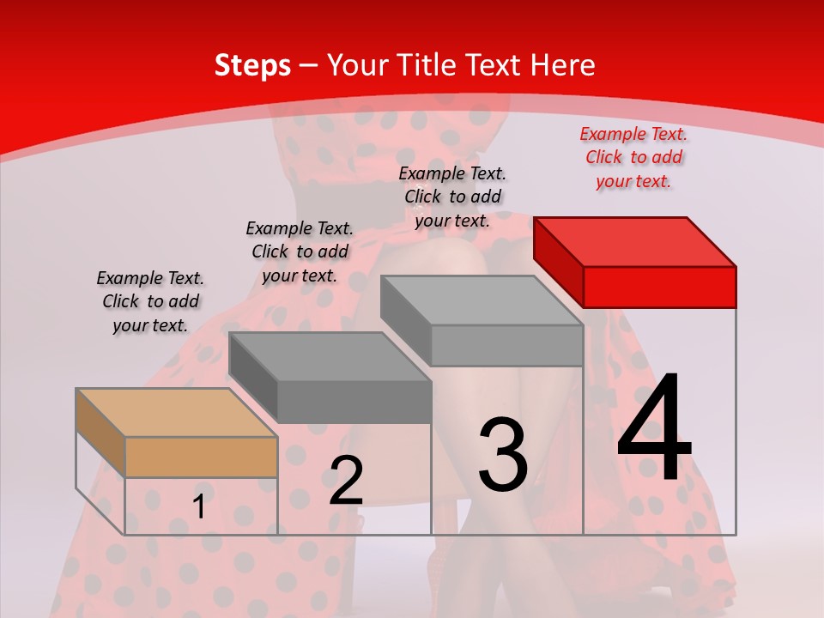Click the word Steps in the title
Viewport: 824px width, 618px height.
point(252,65)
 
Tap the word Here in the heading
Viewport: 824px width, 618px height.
point(563,65)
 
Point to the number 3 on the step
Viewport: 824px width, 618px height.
point(503,454)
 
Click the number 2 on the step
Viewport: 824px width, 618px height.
point(346,481)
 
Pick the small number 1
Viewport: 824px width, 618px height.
point(198,507)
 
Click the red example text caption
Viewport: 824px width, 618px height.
point(633,158)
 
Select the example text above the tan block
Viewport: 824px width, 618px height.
point(150,302)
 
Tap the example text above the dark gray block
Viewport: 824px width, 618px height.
point(300,252)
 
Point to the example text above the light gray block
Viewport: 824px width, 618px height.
point(452,197)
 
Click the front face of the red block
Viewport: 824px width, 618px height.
point(659,287)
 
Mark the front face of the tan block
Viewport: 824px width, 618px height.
point(201,457)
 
